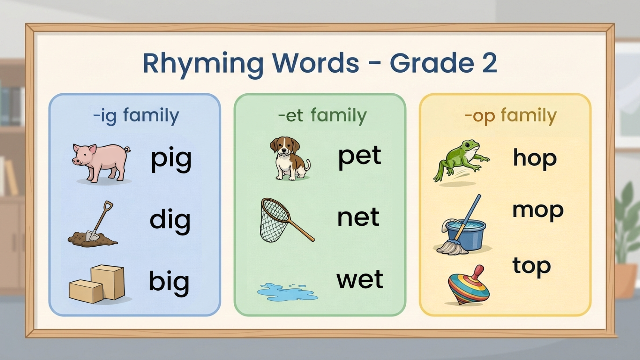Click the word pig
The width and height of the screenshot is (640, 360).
171,159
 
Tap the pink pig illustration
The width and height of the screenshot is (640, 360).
101,162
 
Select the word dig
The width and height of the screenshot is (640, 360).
170,221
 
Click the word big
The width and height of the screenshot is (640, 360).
169,282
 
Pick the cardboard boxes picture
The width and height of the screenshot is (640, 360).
97,284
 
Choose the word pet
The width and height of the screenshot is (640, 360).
360,157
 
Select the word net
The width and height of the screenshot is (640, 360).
358,218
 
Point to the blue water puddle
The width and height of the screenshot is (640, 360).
287,292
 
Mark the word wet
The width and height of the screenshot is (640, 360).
360,279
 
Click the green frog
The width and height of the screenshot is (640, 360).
461,161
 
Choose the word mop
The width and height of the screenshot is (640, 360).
538,211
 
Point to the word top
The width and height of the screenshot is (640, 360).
532,267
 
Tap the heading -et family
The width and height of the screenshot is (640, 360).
322,116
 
